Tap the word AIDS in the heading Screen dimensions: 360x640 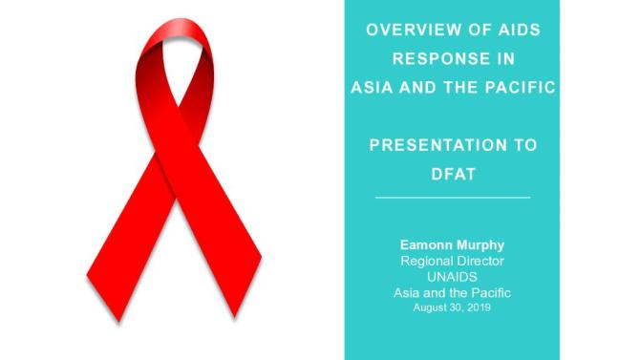pyautogui.click(x=517, y=30)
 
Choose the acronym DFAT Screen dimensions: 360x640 pyautogui.click(x=453, y=175)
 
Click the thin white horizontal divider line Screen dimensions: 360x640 pyautogui.click(x=453, y=198)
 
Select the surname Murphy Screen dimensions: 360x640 pyautogui.click(x=480, y=246)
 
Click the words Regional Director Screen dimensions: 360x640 pyautogui.click(x=453, y=262)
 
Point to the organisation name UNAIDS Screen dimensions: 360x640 pyautogui.click(x=453, y=276)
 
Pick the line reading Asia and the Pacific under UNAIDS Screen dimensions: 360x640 pyautogui.click(x=453, y=291)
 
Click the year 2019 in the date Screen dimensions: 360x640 pyautogui.click(x=480, y=307)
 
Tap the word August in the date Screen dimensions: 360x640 pyautogui.click(x=429, y=307)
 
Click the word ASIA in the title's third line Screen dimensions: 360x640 pyautogui.click(x=369, y=88)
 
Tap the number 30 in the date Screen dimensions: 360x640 pyautogui.click(x=456, y=307)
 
